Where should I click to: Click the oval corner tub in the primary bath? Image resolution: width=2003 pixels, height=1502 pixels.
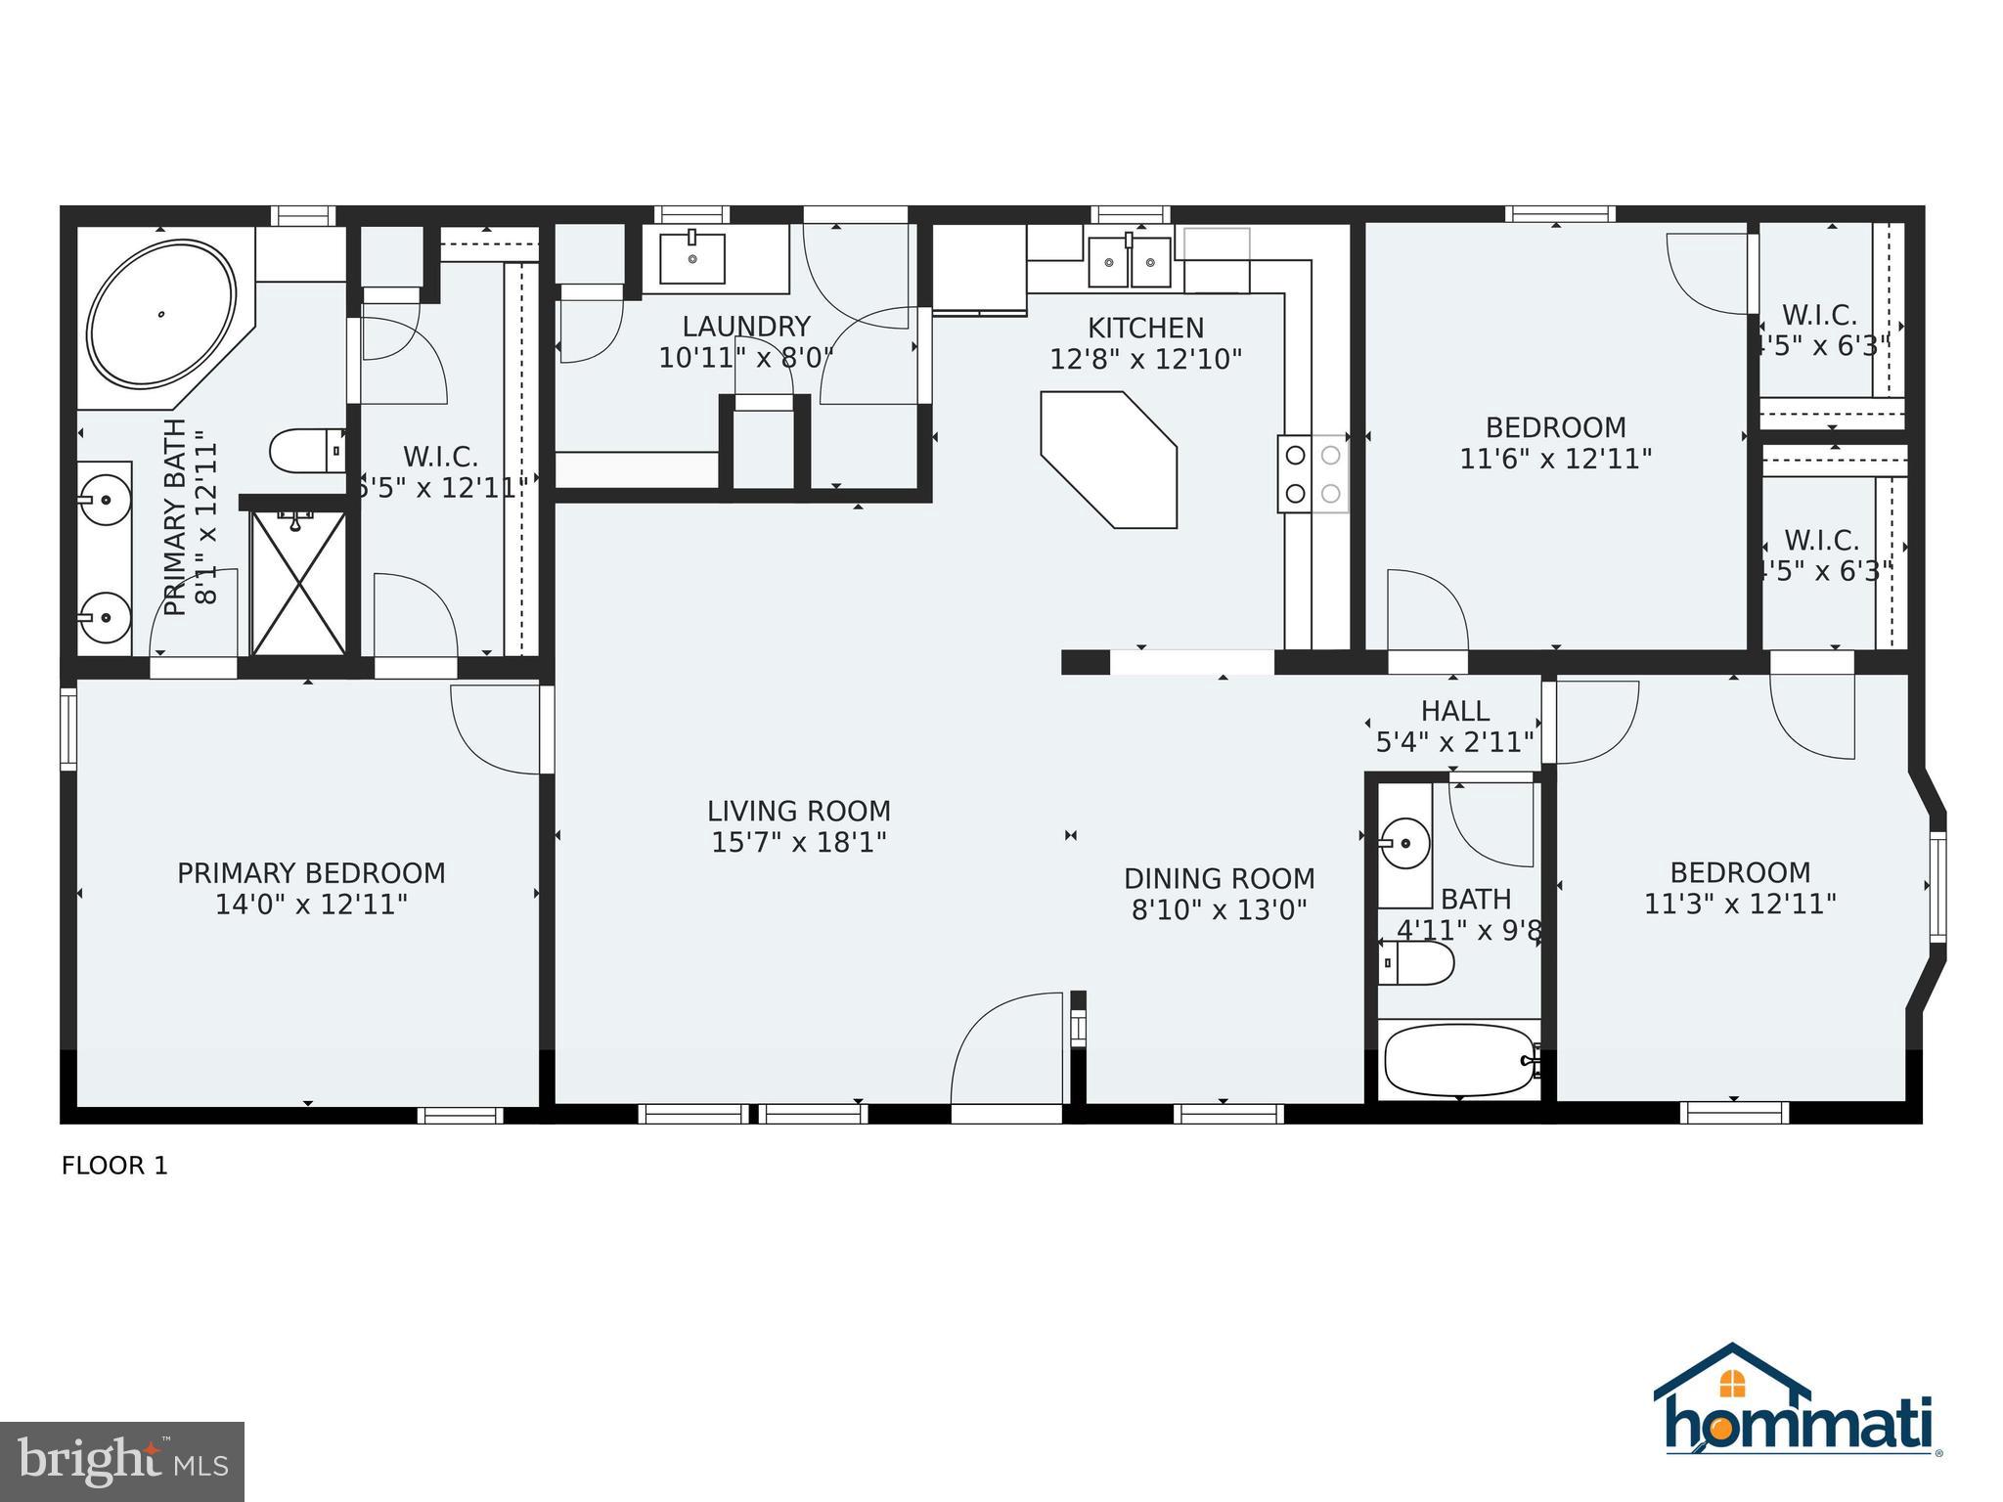pos(162,314)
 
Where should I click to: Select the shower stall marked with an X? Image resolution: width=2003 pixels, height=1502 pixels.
pos(298,583)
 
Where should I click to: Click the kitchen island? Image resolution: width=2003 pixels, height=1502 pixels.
pos(1109,459)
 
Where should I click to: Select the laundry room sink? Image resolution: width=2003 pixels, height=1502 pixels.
pos(692,258)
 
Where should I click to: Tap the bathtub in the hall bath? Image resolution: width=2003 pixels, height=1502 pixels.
pos(1459,1060)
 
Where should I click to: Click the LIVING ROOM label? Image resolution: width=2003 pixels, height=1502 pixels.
pos(799,811)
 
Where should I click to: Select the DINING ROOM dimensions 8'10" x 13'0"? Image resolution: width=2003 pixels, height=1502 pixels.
pos(1219,910)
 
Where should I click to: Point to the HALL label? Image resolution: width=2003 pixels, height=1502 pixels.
pos(1454,711)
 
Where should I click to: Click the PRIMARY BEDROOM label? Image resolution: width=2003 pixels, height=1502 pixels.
pos(311,873)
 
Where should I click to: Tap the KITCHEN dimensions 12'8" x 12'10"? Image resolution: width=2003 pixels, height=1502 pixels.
pos(1145,360)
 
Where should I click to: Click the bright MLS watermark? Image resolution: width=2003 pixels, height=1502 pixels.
pos(121,1461)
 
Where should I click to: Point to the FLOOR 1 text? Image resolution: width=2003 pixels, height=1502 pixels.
pos(114,1166)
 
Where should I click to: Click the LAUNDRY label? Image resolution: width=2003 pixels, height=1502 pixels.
pos(745,327)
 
